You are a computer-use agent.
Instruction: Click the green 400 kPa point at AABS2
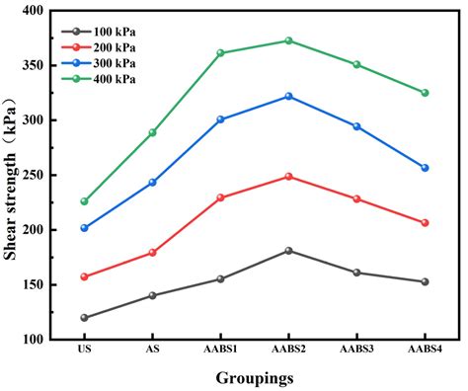(x=288, y=40)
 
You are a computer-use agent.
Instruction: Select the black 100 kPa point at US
(x=84, y=318)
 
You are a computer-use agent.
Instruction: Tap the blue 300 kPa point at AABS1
(x=220, y=119)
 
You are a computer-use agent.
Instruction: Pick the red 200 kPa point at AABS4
(x=425, y=223)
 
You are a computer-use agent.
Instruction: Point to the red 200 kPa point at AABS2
(x=288, y=177)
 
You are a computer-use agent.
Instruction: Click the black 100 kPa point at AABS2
(x=288, y=251)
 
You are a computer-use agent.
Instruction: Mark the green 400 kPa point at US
(x=84, y=201)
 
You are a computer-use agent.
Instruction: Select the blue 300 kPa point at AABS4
(x=425, y=168)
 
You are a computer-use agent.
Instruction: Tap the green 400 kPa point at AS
(x=152, y=132)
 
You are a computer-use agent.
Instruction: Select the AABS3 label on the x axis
(x=356, y=350)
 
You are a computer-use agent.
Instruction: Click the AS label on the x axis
(x=152, y=350)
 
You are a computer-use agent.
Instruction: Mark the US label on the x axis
(x=84, y=350)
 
